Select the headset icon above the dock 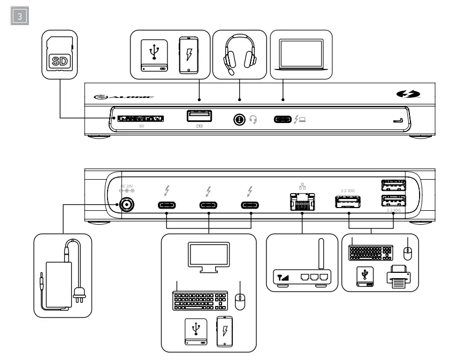click(239, 55)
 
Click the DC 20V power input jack click(128, 204)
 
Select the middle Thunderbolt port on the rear click(208, 204)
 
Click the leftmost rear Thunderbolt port click(167, 204)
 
